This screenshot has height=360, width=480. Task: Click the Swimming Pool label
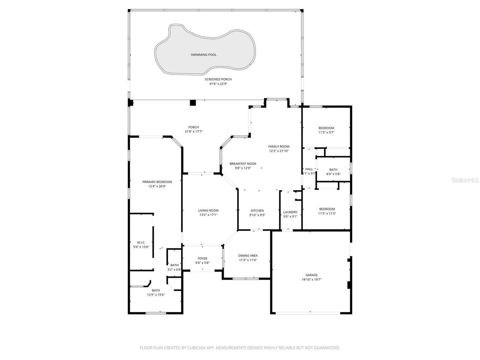pos(204,55)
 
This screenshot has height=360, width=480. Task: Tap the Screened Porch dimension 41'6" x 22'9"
pos(218,84)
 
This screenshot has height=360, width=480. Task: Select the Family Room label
pos(279,146)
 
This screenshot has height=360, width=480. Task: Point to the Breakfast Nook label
pos(243,163)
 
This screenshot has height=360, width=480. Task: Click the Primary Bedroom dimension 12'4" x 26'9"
pos(157,186)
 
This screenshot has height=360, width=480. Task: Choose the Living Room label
pos(208,210)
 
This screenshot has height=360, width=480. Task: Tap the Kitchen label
pos(257,210)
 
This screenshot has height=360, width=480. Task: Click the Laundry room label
pos(290,212)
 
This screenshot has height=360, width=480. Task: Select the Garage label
pos(312,275)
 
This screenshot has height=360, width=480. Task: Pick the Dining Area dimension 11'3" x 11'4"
pos(248,260)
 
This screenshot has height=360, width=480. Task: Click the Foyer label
pos(202,258)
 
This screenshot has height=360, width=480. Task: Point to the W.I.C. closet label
pos(141,242)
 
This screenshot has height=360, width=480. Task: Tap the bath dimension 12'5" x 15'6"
pos(156,295)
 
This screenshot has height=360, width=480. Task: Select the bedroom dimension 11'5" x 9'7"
pos(326,132)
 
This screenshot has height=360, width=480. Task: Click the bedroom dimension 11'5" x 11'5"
pos(327,213)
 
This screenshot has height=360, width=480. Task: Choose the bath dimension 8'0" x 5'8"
pos(333,174)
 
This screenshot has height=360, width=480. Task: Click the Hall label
pos(309,169)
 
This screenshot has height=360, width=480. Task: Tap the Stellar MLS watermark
pos(465,180)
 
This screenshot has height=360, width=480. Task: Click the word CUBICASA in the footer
pos(197,348)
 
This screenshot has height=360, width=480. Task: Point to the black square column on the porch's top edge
pos(193,103)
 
